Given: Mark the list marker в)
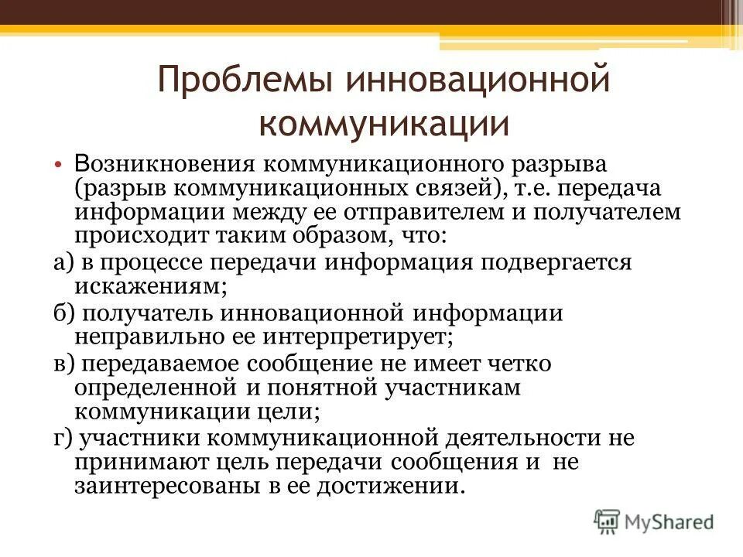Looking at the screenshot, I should pos(63,364).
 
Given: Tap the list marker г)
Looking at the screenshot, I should pos(63,438).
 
